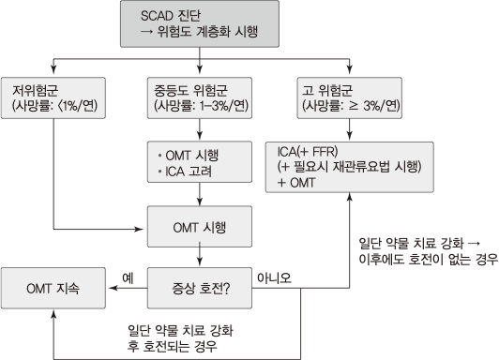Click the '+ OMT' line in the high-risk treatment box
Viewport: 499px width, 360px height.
298,182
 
